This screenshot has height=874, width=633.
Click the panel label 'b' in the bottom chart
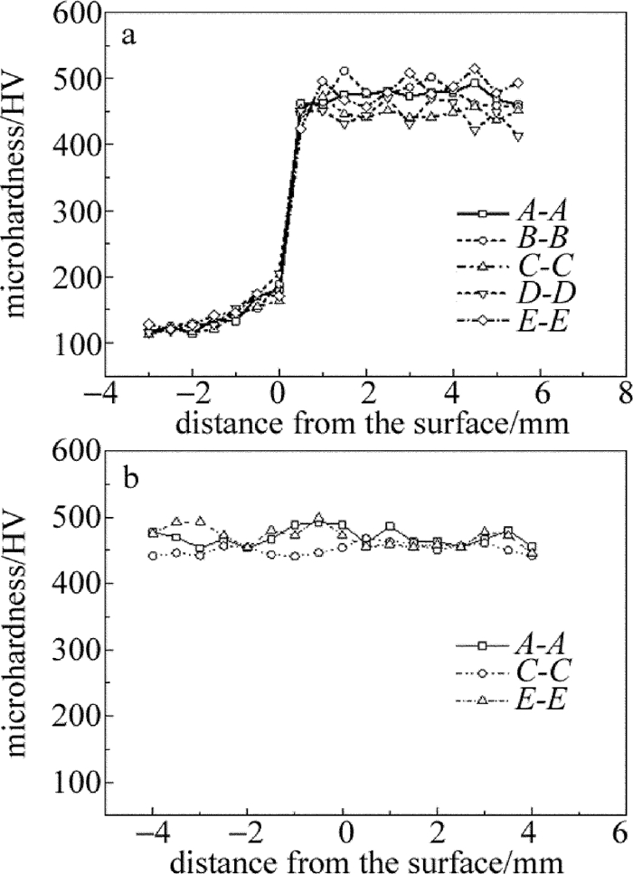(x=130, y=477)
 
